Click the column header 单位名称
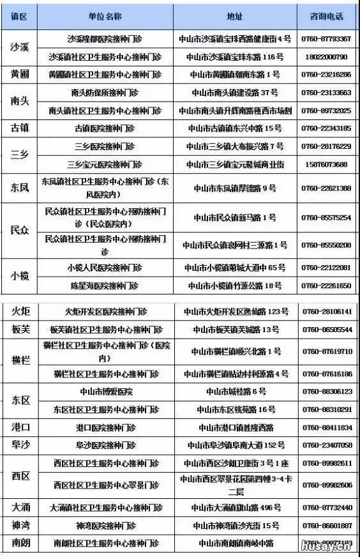tap(105, 15)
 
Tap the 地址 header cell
tap(234, 15)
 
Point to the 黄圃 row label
tap(20, 75)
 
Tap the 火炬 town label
tap(20, 312)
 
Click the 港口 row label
tap(20, 427)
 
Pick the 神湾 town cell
tap(20, 525)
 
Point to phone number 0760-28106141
tap(327, 312)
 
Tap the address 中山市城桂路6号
tap(236, 391)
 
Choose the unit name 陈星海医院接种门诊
tap(105, 286)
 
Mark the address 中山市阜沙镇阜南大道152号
tap(236, 445)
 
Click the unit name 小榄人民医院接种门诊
tap(105, 267)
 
